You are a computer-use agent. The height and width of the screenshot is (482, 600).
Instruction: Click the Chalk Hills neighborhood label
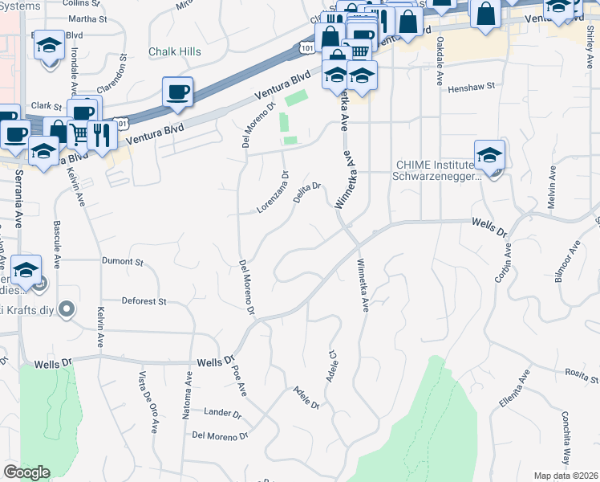tap(175, 51)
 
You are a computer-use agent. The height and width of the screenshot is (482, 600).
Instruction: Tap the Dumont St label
tap(122, 262)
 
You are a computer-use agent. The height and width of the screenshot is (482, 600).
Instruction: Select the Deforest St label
tap(144, 302)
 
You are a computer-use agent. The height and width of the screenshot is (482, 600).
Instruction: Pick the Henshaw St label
tap(472, 87)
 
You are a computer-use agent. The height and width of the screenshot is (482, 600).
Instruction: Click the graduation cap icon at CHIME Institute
tap(489, 155)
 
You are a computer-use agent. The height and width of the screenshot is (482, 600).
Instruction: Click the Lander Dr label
tap(223, 415)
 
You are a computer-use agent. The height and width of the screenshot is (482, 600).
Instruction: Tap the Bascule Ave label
tap(57, 243)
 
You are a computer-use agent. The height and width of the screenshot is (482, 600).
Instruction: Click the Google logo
tap(26, 472)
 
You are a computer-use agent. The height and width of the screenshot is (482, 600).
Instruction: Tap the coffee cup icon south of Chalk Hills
tap(177, 92)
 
